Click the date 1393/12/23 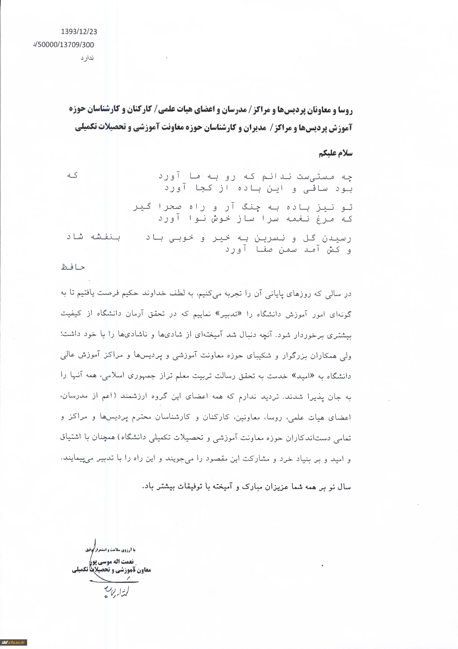click(79, 32)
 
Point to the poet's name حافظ click(73, 267)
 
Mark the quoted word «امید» click(301, 376)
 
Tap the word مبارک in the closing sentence click(257, 486)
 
